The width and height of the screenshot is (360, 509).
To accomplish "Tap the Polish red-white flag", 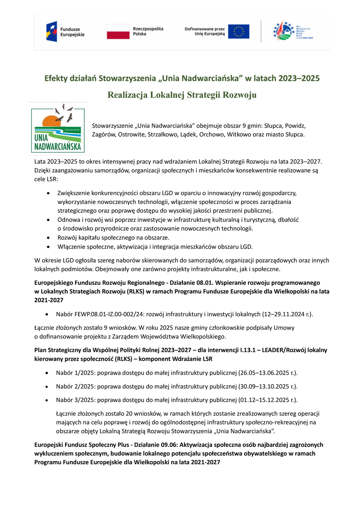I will tap(118, 32).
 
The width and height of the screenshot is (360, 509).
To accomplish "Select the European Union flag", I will tap(238, 32).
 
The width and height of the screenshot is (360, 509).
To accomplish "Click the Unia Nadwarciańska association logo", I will tap(58, 128).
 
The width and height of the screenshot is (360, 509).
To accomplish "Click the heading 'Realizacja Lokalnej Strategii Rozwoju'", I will tap(182, 95).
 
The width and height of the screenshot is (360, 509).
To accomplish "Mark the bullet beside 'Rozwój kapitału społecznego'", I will tap(48, 238).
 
